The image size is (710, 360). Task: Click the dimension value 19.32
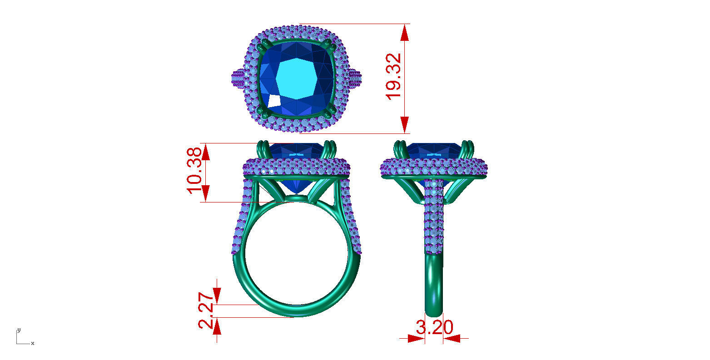(x=393, y=76)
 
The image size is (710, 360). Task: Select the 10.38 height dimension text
(x=194, y=170)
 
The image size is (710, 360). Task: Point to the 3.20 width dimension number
(x=434, y=327)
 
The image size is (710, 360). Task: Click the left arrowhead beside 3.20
(x=415, y=338)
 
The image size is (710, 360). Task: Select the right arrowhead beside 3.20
(x=452, y=338)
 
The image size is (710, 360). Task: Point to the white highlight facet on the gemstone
(x=274, y=101)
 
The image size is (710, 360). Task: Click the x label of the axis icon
(x=33, y=344)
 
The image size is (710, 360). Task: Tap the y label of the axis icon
(x=18, y=330)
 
